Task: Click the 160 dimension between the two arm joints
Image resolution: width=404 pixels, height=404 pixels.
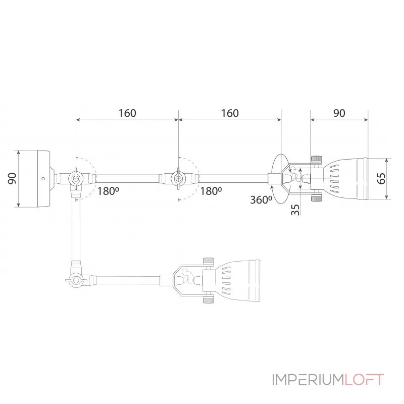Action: [x=127, y=113]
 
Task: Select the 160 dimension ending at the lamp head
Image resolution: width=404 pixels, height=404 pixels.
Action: [x=230, y=113]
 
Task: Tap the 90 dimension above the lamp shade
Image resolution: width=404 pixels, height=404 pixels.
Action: [x=339, y=113]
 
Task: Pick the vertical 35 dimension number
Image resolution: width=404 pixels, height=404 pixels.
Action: [x=295, y=209]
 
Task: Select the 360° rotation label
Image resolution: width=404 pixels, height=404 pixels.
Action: [x=261, y=199]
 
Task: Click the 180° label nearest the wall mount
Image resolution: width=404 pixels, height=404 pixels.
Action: [x=108, y=191]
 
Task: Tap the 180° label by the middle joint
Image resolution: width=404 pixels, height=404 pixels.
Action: [x=211, y=191]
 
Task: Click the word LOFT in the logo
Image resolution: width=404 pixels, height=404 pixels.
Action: [x=364, y=379]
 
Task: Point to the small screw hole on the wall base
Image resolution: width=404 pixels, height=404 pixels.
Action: [x=43, y=178]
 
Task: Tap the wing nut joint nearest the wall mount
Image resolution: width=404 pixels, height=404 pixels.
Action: [x=76, y=178]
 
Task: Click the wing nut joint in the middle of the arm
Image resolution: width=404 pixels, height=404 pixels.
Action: [x=178, y=178]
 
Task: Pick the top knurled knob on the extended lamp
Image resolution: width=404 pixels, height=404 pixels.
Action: [x=316, y=160]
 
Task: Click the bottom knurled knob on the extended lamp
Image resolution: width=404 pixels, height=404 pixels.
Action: [x=316, y=198]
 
